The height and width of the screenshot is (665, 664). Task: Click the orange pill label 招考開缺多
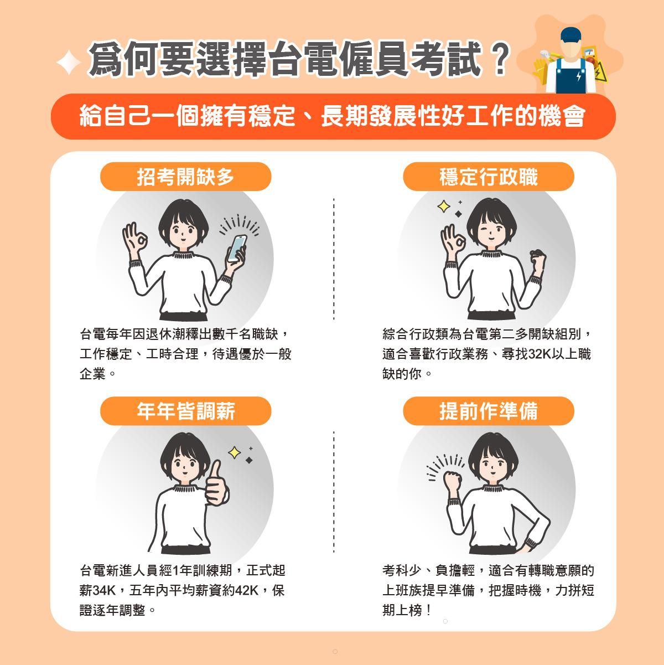tap(185, 176)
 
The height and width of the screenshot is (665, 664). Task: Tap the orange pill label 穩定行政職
tap(489, 176)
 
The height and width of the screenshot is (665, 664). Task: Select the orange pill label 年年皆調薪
tap(185, 411)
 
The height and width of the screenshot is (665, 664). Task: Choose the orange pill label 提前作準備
tap(489, 411)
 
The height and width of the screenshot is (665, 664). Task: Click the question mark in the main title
tap(499, 59)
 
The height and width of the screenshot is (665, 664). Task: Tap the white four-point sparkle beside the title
tap(69, 62)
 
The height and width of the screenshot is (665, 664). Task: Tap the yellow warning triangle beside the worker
tap(600, 73)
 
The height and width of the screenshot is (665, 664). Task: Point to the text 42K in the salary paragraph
tap(247, 590)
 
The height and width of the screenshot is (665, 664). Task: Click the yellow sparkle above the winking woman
tap(444, 207)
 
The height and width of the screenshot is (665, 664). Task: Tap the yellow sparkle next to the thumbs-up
tap(235, 452)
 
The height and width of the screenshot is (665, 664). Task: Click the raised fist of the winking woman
tap(538, 259)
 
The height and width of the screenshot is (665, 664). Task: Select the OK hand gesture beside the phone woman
tap(134, 238)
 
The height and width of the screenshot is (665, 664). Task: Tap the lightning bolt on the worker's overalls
tap(578, 76)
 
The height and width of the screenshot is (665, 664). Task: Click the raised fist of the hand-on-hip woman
tap(452, 481)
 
